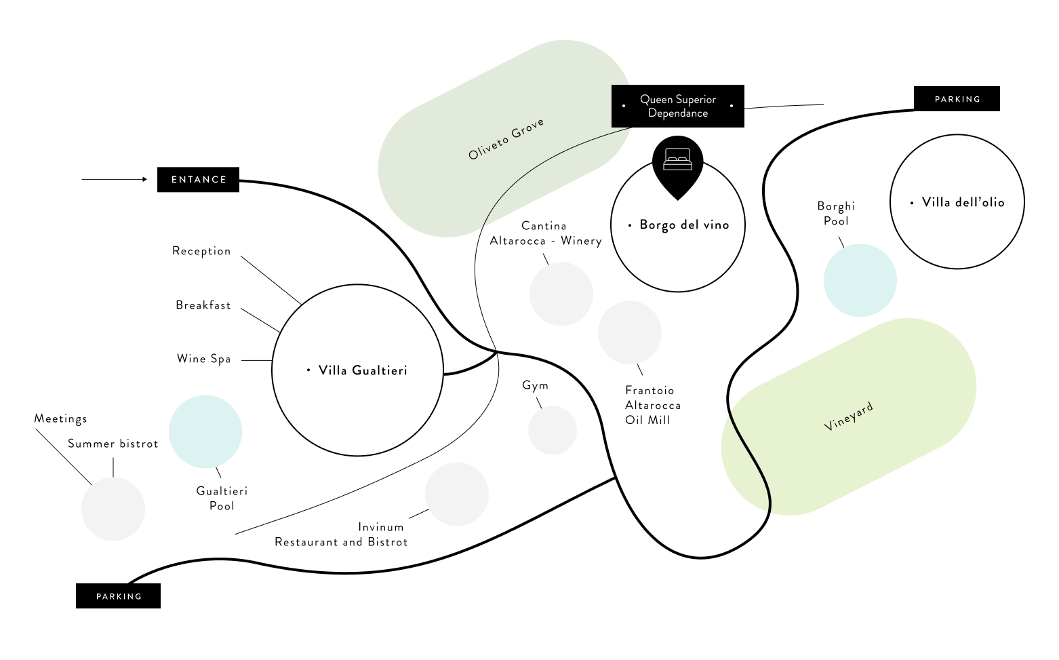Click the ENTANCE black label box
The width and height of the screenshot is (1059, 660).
tap(198, 180)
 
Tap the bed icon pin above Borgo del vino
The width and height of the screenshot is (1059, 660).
tap(677, 163)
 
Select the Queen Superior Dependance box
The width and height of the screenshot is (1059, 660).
tap(677, 106)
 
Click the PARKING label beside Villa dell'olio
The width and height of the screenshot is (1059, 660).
tap(957, 99)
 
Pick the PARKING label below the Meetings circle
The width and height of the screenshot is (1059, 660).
tap(119, 596)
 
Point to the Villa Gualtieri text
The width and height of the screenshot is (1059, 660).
tap(363, 370)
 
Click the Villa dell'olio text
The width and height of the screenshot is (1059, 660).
tap(963, 202)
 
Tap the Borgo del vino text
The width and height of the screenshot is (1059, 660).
tap(684, 225)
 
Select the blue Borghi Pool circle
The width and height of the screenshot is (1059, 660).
tap(860, 280)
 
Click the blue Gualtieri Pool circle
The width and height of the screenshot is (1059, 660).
tap(205, 431)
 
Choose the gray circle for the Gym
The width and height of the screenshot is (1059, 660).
tap(553, 430)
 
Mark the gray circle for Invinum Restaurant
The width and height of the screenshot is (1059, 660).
tap(457, 494)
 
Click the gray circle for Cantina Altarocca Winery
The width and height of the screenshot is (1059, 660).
tap(561, 294)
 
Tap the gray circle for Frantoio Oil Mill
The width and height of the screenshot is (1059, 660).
tap(630, 332)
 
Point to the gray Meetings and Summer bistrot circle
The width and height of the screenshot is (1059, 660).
tap(113, 509)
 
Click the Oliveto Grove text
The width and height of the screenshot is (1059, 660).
tap(506, 139)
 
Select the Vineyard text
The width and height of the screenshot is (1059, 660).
tap(848, 416)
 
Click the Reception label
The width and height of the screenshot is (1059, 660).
tap(201, 251)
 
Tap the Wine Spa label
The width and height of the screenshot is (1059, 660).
tap(203, 359)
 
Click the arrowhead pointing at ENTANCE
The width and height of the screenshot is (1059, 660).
tap(144, 179)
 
